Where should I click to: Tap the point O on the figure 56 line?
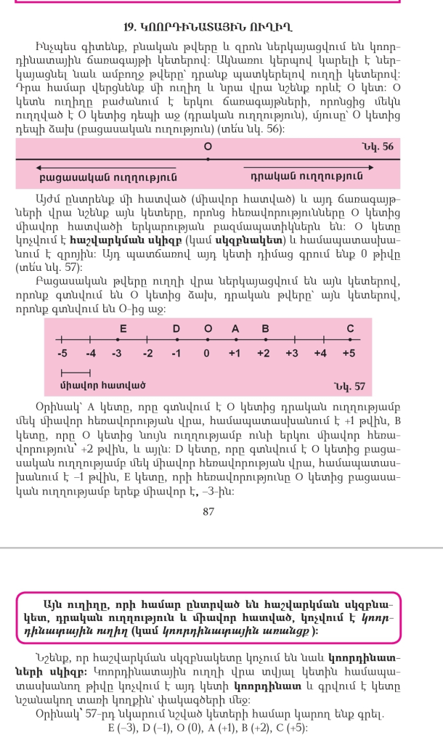click(x=208, y=147)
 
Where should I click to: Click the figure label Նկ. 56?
click(x=376, y=147)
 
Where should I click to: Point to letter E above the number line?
click(x=123, y=329)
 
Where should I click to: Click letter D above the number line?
click(x=176, y=329)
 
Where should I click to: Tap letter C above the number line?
click(x=350, y=329)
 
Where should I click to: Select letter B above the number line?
click(x=265, y=329)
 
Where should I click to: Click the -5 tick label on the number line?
click(x=63, y=354)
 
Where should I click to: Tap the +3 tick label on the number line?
click(x=293, y=354)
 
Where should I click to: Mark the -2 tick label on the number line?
click(x=147, y=354)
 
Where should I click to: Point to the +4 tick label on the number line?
click(x=321, y=354)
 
